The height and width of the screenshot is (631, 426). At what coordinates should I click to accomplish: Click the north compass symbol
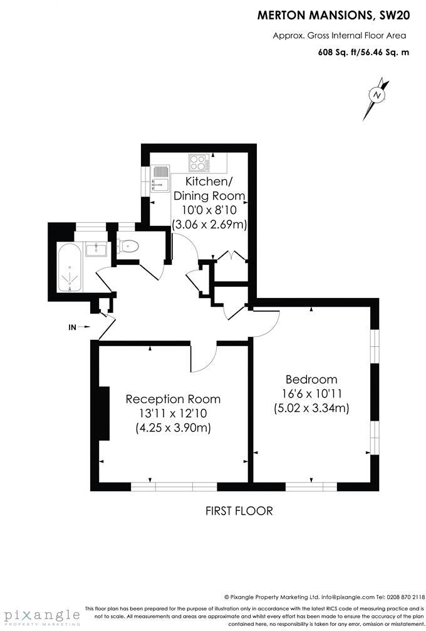pyautogui.click(x=377, y=95)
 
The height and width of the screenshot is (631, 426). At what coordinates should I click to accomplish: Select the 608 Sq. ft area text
pyautogui.click(x=338, y=52)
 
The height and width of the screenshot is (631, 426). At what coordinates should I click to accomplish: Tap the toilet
pyautogui.click(x=129, y=246)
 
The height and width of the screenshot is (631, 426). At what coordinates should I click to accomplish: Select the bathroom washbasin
pyautogui.click(x=95, y=249)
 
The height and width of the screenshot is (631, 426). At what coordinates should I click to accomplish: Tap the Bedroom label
pyautogui.click(x=311, y=379)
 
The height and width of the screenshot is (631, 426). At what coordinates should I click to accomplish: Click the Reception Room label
pyautogui.click(x=173, y=399)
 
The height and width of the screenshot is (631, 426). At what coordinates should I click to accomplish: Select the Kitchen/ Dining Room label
pyautogui.click(x=208, y=188)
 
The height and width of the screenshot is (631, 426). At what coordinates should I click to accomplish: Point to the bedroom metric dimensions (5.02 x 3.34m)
pyautogui.click(x=311, y=408)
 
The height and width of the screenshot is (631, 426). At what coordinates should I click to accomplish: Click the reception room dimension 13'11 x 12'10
pyautogui.click(x=173, y=414)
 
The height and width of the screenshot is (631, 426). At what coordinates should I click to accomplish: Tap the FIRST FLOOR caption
pyautogui.click(x=239, y=511)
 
